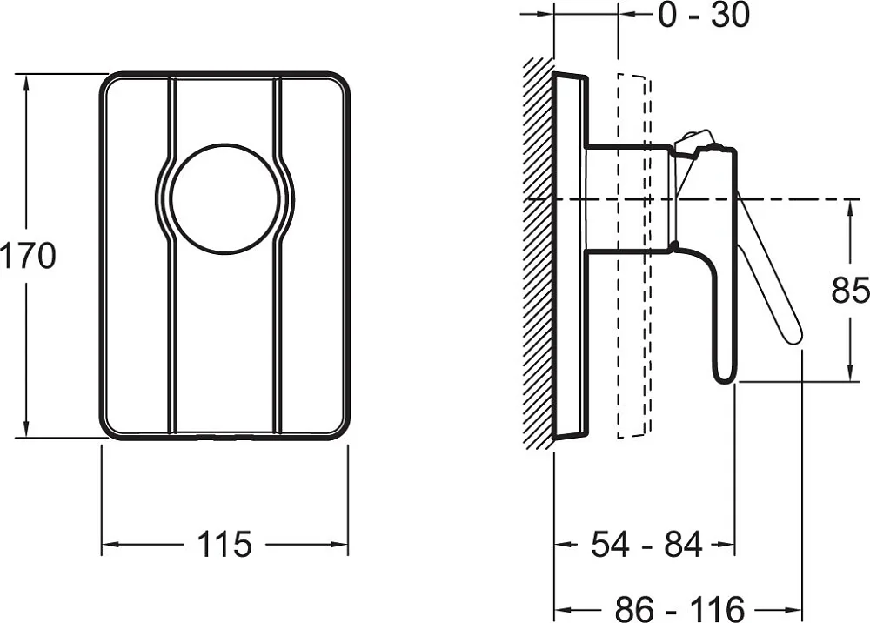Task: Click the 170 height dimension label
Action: [28, 256]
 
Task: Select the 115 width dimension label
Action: [224, 544]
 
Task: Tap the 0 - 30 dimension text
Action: [704, 15]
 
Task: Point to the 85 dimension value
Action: [850, 289]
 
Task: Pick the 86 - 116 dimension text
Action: [679, 608]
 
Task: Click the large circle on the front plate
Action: [225, 199]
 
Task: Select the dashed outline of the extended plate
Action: [634, 255]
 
